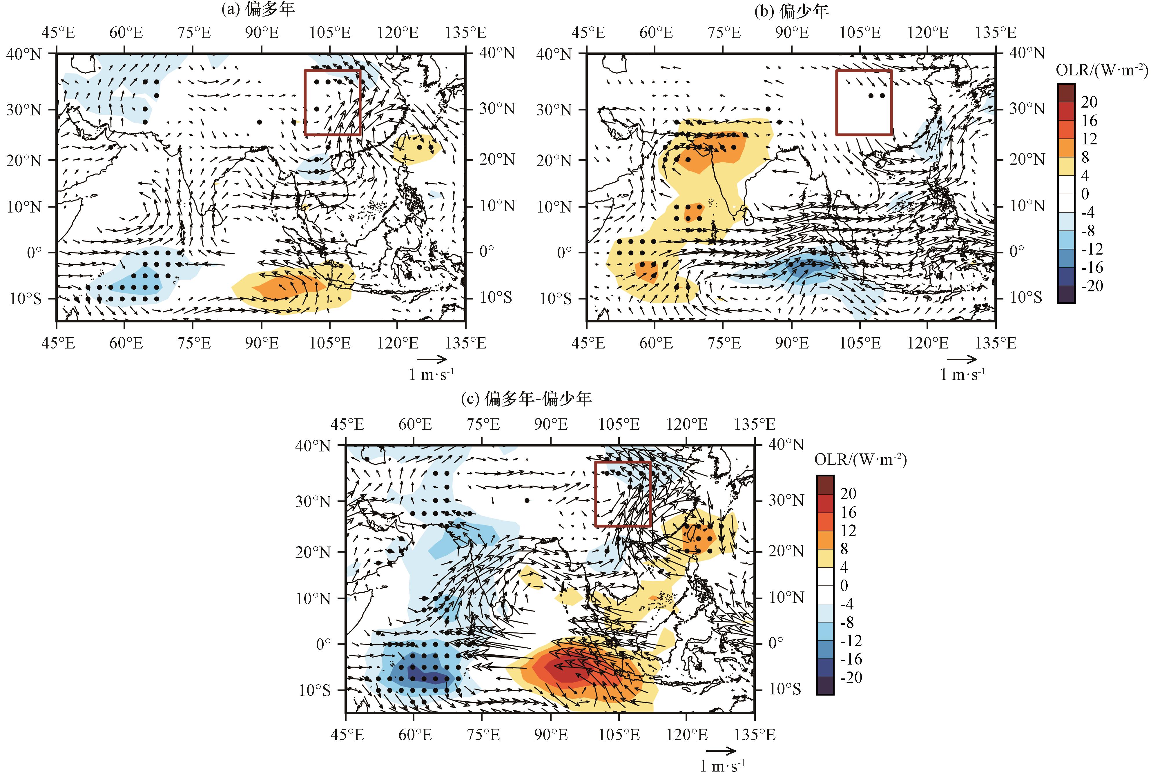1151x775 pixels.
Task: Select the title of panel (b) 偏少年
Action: click(x=791, y=11)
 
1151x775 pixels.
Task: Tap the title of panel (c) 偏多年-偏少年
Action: click(x=526, y=398)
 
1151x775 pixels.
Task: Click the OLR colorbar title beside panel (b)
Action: click(x=1102, y=71)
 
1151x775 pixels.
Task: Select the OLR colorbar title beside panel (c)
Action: click(x=860, y=460)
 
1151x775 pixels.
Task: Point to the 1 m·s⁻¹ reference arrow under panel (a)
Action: click(x=432, y=359)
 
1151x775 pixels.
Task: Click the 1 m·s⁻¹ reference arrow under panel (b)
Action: click(x=962, y=359)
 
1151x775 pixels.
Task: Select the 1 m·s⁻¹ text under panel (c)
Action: click(x=722, y=766)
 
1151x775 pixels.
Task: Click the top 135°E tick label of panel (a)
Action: click(x=465, y=33)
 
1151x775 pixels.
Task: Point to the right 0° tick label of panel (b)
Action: click(x=1016, y=252)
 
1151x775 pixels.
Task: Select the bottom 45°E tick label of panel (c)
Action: click(x=347, y=734)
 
